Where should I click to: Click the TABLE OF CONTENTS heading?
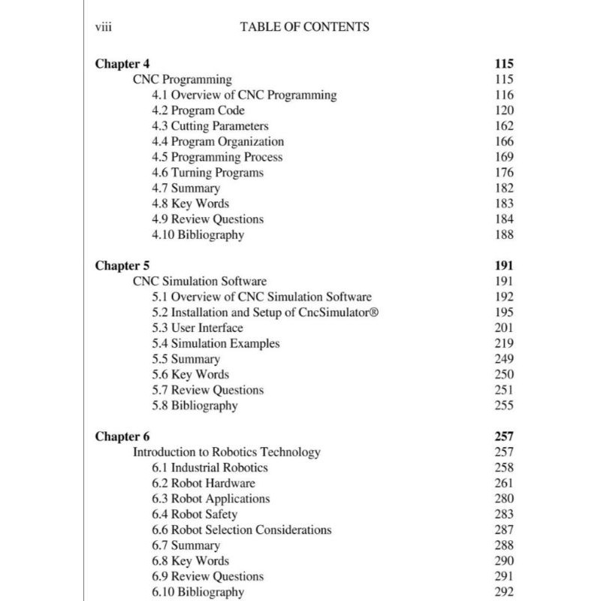pos(304,27)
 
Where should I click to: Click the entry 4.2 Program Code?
pos(198,110)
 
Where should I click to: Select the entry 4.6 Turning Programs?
pos(207,173)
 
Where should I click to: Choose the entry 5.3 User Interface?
pos(197,328)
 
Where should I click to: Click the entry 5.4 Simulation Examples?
pos(216,343)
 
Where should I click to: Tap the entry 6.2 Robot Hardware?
pos(203,483)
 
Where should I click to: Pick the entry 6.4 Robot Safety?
pos(194,515)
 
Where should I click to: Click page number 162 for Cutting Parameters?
pos(504,126)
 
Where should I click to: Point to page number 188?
pos(504,234)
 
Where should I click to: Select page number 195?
pos(504,313)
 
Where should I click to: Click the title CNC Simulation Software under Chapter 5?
pos(200,282)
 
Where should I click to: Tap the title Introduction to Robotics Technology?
pos(227,452)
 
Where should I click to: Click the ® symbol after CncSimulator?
pos(372,313)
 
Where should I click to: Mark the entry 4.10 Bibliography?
pos(198,234)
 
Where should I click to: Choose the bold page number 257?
pos(504,436)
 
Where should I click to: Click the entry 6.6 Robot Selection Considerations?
pos(241,530)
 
